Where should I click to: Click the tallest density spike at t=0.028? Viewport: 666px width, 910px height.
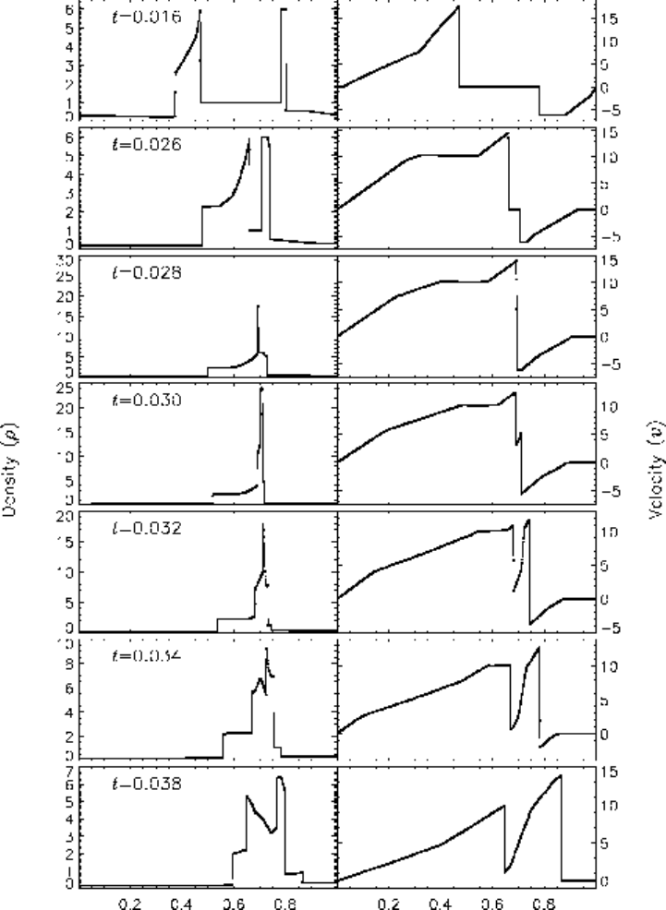[x=258, y=305]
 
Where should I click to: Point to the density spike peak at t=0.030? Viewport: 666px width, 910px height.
[x=261, y=389]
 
